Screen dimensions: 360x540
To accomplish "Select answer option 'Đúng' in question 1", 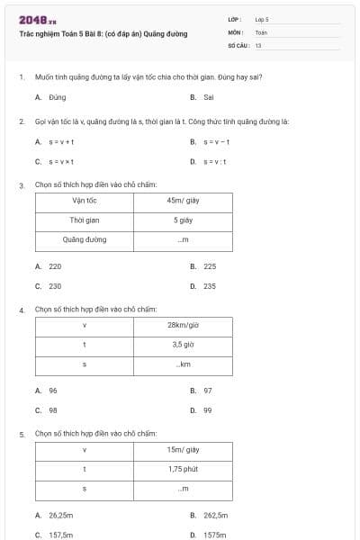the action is [58, 97].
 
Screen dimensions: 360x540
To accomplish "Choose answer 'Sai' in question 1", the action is [208, 97].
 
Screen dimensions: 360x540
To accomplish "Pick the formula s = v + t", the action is [61, 142].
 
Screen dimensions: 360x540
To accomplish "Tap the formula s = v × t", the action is [61, 162].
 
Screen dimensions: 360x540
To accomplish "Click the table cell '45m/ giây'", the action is [183, 201].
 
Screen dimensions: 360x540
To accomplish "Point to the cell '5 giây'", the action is [183, 220].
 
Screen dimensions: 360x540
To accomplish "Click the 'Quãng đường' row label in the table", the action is [85, 239].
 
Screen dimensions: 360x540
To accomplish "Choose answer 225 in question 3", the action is [210, 266].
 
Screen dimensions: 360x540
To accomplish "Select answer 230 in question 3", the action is [55, 286].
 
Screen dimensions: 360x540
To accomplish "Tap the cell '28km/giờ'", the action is [183, 325].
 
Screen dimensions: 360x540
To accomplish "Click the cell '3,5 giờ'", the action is [183, 344].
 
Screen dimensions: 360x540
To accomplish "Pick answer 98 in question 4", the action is [53, 410].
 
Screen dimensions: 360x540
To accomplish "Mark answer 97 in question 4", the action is [208, 391].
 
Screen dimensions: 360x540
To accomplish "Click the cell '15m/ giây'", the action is [183, 449].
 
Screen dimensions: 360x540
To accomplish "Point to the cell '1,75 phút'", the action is [183, 469].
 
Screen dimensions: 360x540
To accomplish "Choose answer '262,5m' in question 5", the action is [215, 516].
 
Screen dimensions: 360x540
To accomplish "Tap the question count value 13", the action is [258, 44].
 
